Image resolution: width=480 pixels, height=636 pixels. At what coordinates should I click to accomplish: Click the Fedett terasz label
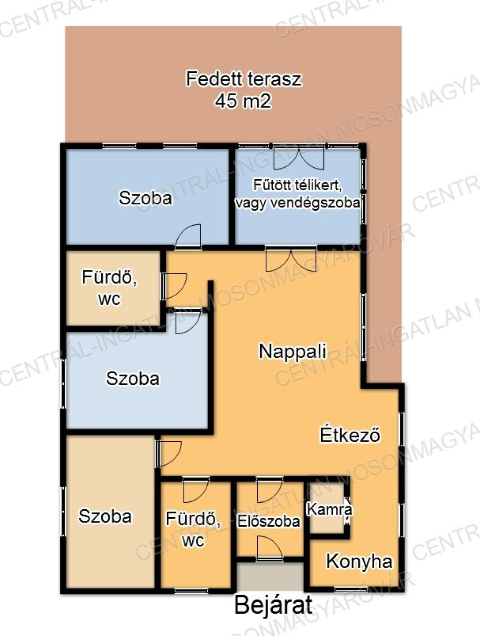[x=244, y=79]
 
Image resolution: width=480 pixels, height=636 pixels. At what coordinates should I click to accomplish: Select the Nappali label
[x=292, y=351]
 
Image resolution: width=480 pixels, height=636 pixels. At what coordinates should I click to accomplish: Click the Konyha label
[x=359, y=561]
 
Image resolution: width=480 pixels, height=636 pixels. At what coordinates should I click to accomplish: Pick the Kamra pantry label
[x=330, y=509]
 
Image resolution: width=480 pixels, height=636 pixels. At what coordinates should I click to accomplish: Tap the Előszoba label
[x=269, y=521]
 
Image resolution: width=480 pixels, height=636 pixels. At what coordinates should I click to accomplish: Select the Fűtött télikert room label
[x=298, y=193]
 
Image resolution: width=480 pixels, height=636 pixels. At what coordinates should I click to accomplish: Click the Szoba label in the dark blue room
[x=145, y=198]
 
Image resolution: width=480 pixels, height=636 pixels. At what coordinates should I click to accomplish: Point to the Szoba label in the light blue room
[x=133, y=378]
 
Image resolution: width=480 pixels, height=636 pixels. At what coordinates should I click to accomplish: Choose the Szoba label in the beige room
[x=105, y=516]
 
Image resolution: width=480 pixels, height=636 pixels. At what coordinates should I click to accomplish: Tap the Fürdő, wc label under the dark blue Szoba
[x=109, y=287]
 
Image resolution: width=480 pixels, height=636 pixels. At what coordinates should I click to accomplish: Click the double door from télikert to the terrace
[x=299, y=158]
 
